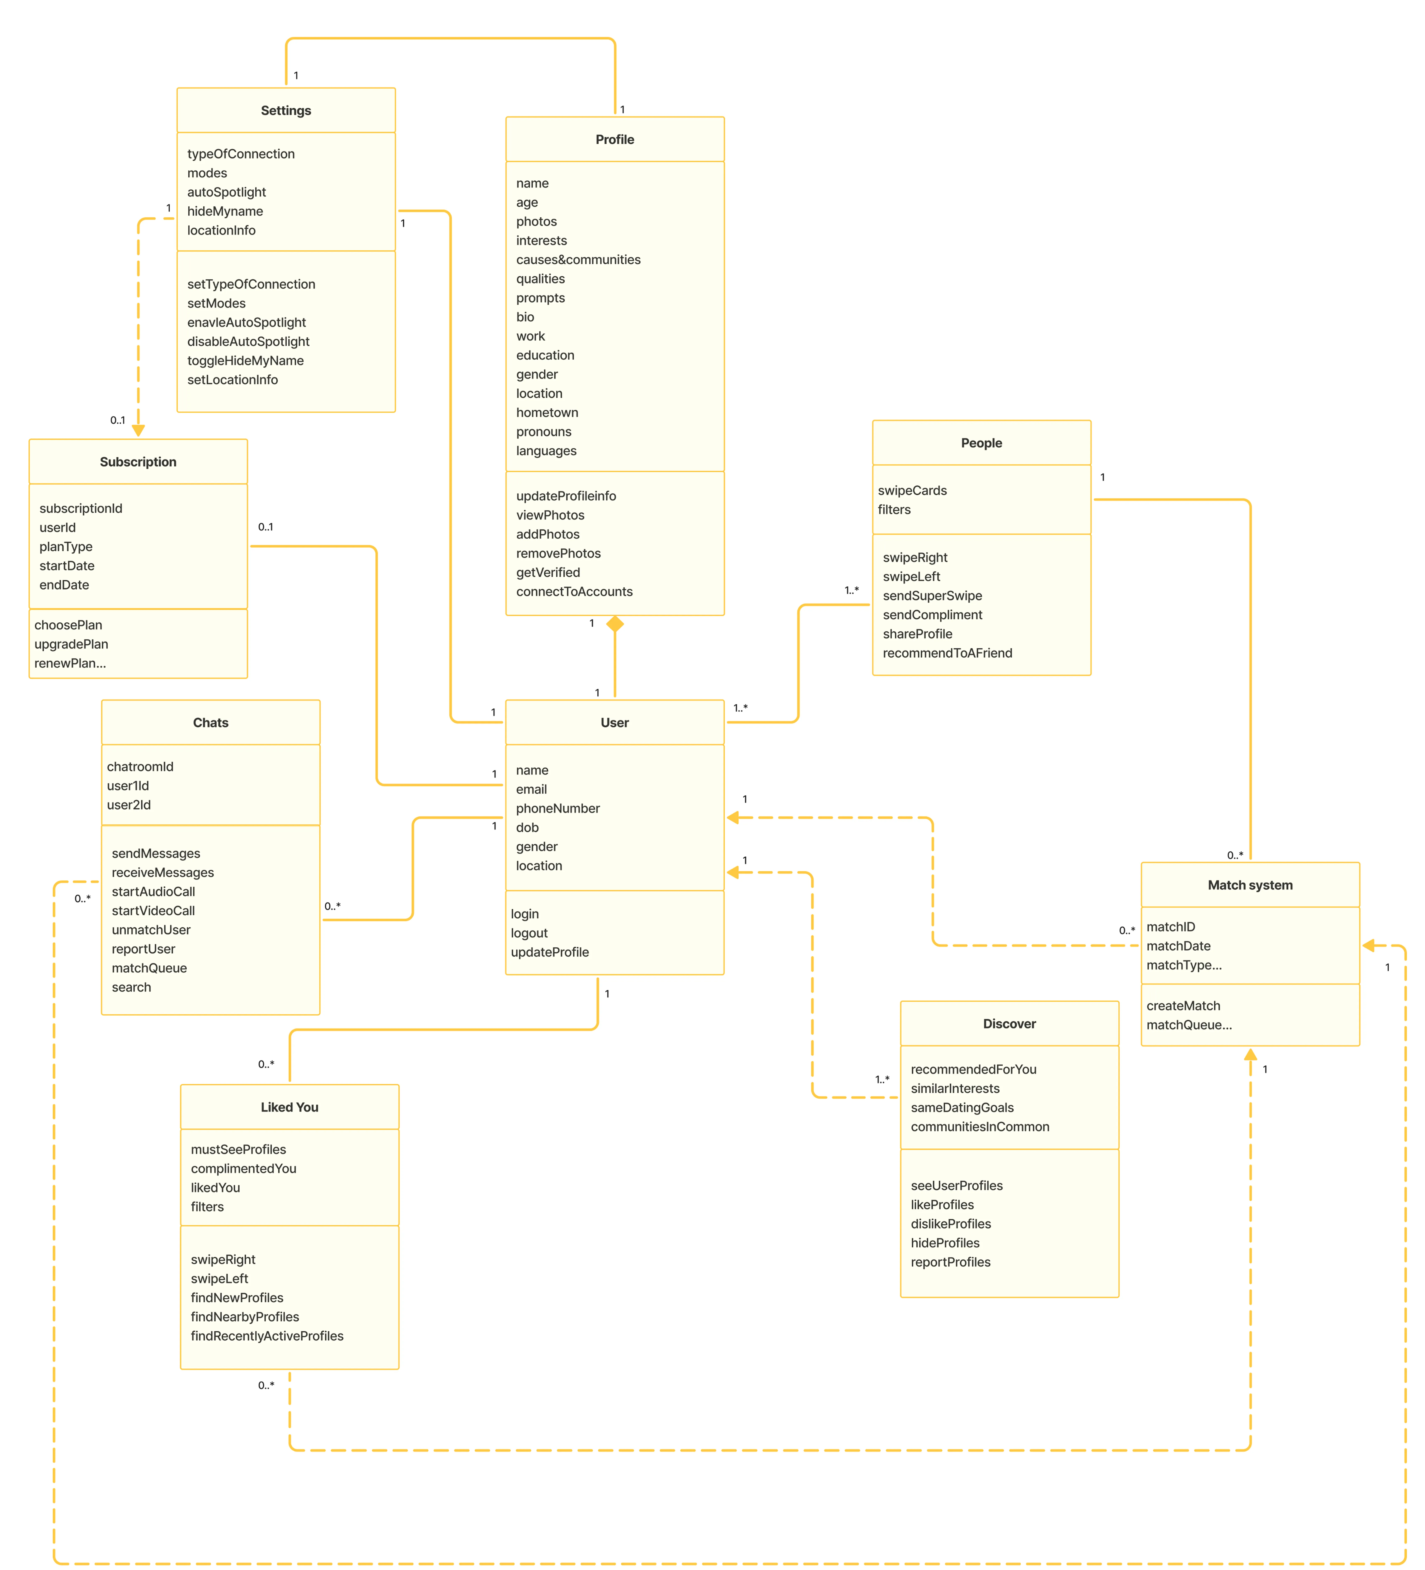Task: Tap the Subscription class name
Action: pyautogui.click(x=138, y=462)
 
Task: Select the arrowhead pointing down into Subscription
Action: pyautogui.click(x=138, y=430)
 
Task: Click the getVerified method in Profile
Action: pyautogui.click(x=548, y=572)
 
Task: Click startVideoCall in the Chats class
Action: pyautogui.click(x=153, y=910)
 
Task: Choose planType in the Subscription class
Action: pyautogui.click(x=65, y=547)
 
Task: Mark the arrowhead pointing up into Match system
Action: pyautogui.click(x=1250, y=1055)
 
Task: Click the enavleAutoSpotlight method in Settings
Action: pyautogui.click(x=246, y=322)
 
